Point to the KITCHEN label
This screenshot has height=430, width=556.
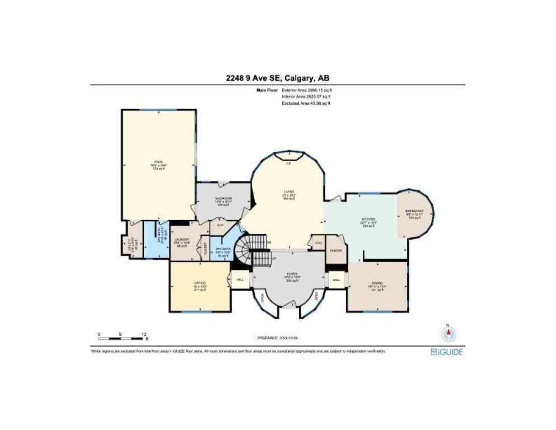point(368,218)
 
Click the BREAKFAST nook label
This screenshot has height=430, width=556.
point(414,211)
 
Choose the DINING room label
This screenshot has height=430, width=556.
point(376,283)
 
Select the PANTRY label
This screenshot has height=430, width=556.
point(336,250)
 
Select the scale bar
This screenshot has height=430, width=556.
point(120,338)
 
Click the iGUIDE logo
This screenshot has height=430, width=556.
point(447,352)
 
